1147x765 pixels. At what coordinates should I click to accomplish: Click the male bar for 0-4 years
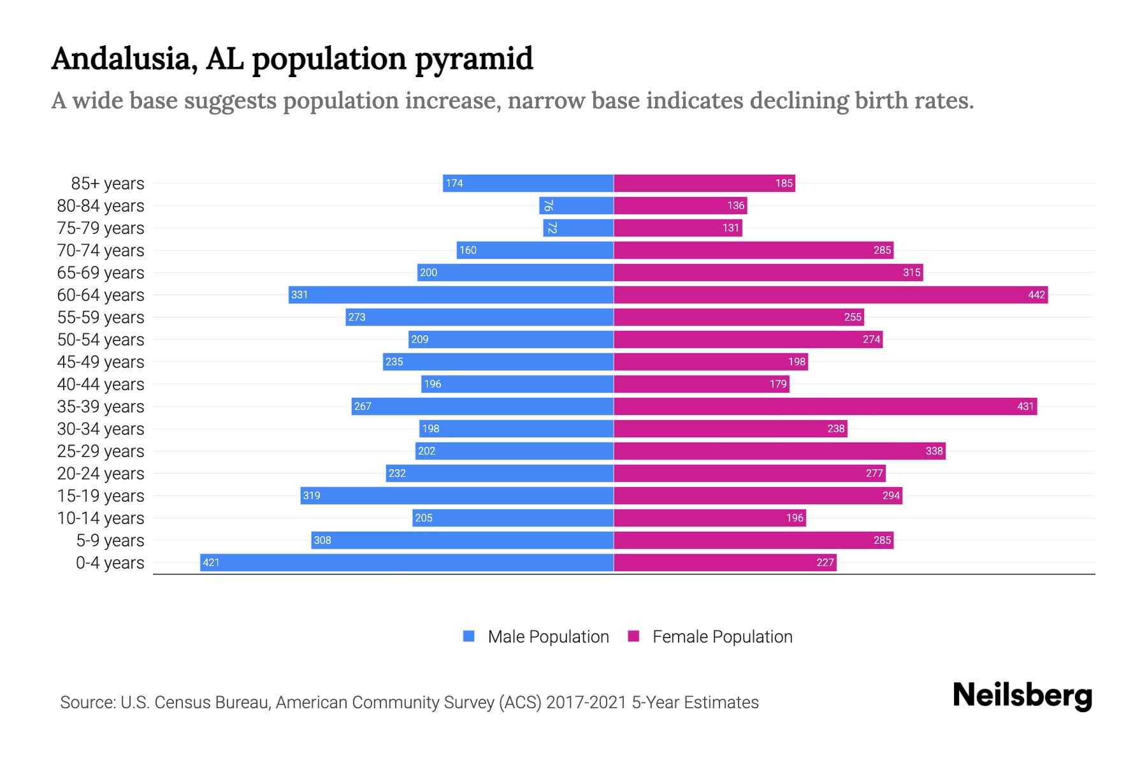click(x=408, y=562)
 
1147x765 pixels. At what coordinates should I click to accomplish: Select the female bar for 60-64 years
click(x=828, y=295)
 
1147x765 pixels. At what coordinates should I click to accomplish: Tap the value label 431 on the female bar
click(x=1025, y=407)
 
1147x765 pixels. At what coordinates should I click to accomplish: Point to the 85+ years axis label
click(x=107, y=184)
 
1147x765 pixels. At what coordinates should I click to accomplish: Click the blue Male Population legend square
click(x=469, y=636)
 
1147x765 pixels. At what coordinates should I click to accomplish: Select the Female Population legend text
click(x=722, y=637)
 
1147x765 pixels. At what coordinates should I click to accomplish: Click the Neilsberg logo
click(x=1022, y=696)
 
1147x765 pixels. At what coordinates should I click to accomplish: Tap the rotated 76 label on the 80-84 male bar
click(x=548, y=206)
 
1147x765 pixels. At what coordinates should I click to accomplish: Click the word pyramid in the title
click(x=473, y=59)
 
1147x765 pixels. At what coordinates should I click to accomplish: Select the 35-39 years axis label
click(x=101, y=407)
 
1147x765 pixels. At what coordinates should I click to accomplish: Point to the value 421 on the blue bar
click(x=211, y=563)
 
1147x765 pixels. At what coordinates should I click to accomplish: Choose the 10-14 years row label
click(x=101, y=518)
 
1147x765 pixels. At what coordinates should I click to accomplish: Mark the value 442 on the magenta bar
click(x=1036, y=295)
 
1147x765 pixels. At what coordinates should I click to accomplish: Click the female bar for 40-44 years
click(x=701, y=384)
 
